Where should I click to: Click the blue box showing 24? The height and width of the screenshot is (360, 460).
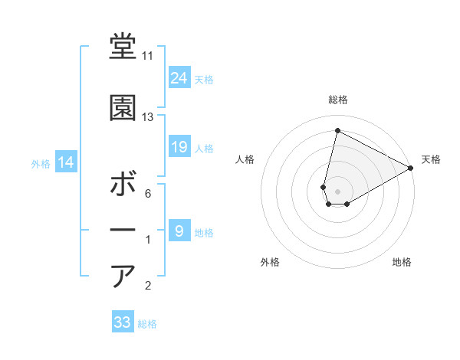179,77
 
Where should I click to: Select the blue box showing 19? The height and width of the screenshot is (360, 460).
179,146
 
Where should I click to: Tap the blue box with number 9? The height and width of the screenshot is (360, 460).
179,231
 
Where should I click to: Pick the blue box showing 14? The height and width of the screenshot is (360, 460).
65,162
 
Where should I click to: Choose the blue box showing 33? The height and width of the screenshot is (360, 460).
122,322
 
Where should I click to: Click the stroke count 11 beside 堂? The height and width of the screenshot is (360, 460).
147,56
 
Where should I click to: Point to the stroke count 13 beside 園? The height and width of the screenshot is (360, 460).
147,117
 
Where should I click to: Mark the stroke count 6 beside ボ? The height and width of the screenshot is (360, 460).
147,194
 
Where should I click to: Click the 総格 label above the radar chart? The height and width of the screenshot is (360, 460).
338,100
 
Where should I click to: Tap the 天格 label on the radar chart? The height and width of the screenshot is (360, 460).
431,159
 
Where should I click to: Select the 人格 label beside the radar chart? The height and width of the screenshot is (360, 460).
245,159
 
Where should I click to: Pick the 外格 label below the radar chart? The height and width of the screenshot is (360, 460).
270,263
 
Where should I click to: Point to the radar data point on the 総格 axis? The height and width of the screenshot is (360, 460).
337,130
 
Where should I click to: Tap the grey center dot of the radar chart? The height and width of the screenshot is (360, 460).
337,190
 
